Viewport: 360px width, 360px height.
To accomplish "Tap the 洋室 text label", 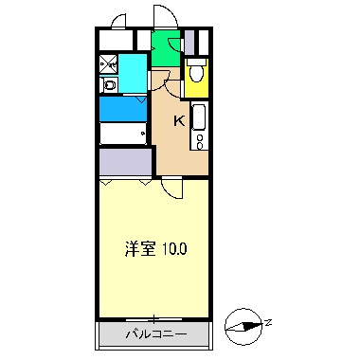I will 140,250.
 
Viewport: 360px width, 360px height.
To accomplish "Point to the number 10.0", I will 174,250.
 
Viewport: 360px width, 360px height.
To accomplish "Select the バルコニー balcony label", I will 153,335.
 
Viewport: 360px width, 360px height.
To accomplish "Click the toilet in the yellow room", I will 195,72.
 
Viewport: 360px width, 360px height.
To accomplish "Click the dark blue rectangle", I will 122,107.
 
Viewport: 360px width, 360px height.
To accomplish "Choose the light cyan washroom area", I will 133,74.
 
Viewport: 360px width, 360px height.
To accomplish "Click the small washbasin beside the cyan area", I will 109,85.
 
